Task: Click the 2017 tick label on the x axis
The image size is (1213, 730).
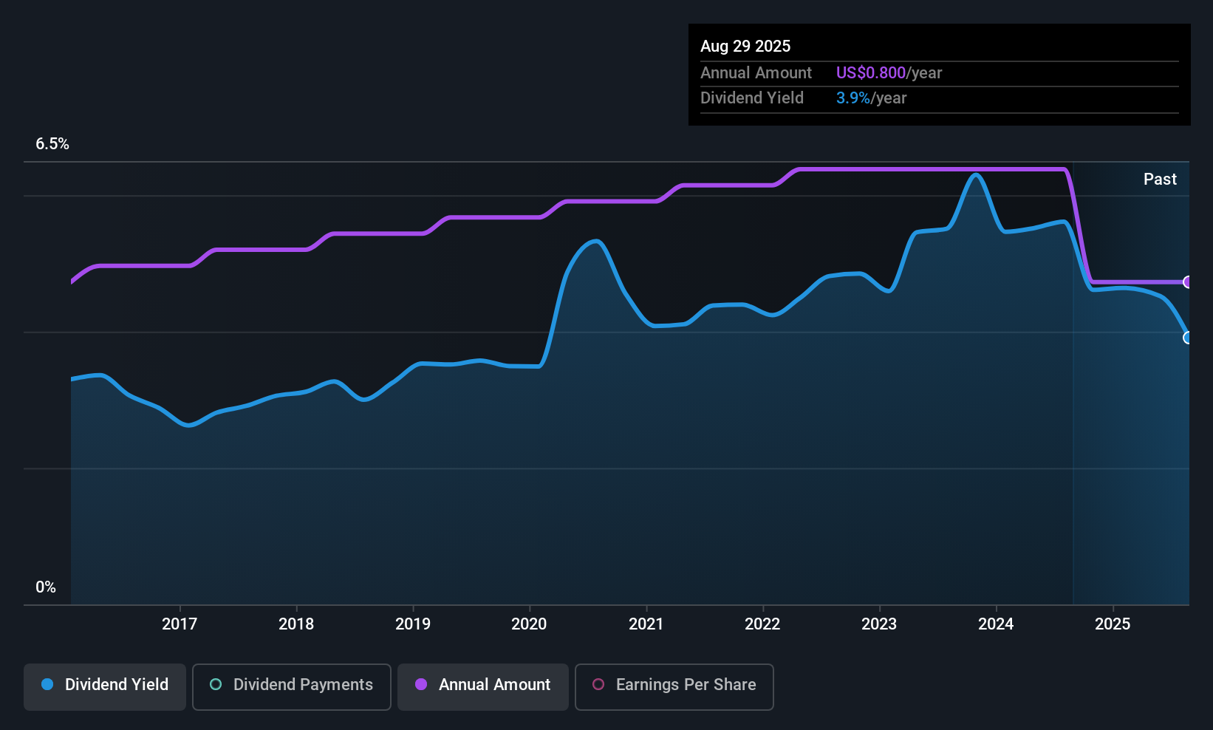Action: click(180, 624)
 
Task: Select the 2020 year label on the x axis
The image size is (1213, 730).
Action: click(529, 624)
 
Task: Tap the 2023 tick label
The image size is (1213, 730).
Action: click(879, 624)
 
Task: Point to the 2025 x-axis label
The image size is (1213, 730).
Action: click(1112, 624)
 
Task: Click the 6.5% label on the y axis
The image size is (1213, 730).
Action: click(52, 144)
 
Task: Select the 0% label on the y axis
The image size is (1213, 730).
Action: click(46, 587)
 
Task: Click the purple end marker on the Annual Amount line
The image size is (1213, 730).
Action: click(1187, 282)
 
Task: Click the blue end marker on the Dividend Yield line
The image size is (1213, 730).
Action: click(1187, 338)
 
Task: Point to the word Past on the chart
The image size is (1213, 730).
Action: click(1159, 180)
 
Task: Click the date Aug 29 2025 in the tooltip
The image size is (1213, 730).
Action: click(745, 47)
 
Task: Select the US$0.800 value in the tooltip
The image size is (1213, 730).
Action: click(870, 73)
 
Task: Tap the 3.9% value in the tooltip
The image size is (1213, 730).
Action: click(852, 98)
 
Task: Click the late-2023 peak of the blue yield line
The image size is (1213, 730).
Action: click(976, 175)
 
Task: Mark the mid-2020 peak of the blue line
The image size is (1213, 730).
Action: click(595, 241)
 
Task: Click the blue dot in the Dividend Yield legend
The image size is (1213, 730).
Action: click(47, 685)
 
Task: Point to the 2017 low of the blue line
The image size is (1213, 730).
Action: click(189, 426)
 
